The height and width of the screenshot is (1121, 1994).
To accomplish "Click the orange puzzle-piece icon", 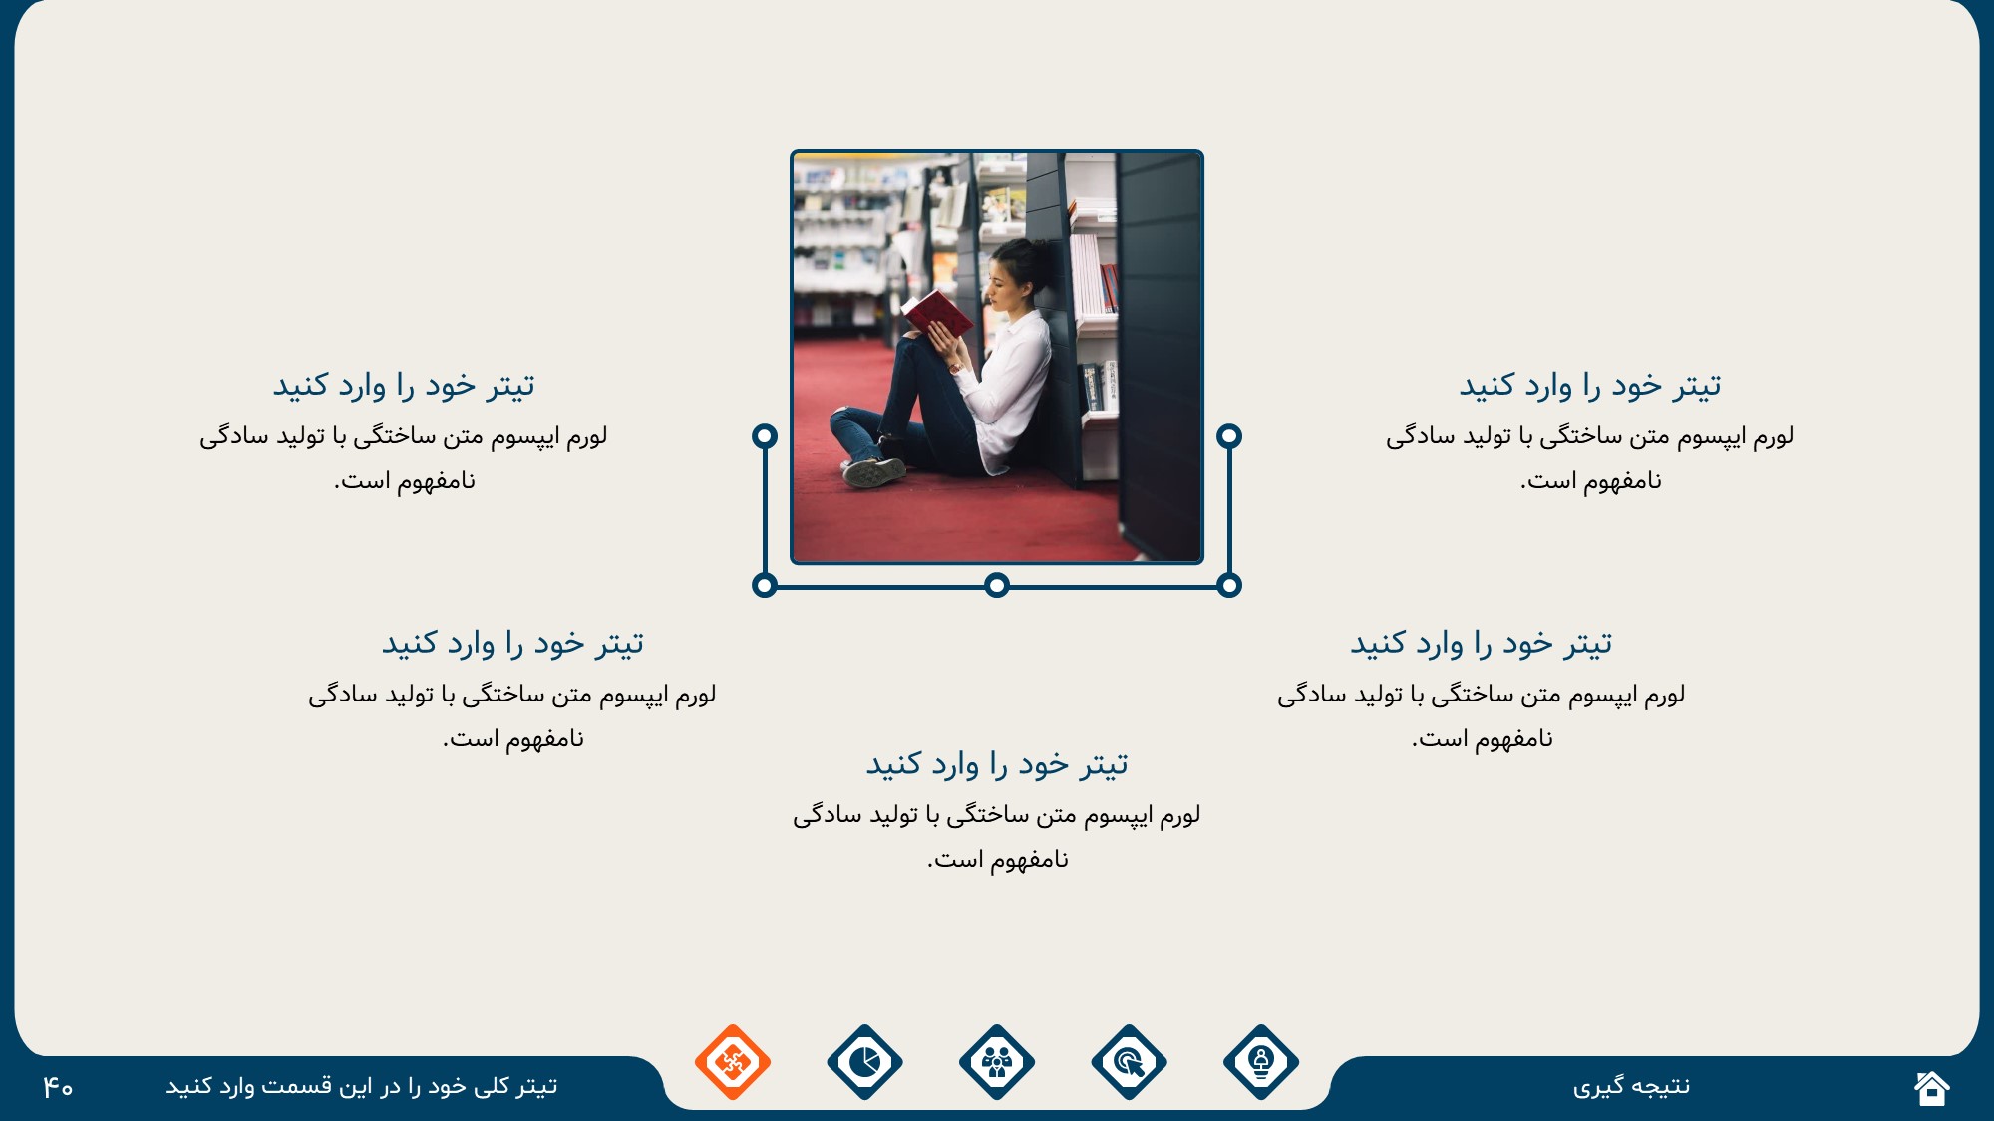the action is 733,1062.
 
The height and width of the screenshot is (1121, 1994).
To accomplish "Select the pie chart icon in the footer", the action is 864,1062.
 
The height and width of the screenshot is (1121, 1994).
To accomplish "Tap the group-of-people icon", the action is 997,1062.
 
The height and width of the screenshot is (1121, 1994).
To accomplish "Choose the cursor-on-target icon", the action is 1129,1062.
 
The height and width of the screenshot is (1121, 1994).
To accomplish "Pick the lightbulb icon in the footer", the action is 1261,1062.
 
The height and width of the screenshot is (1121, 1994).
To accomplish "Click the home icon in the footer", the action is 1932,1087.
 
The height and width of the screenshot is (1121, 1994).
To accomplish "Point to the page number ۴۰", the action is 58,1087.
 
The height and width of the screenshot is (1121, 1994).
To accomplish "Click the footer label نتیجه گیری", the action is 1631,1087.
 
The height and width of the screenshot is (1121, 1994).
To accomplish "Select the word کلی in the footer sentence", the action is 492,1086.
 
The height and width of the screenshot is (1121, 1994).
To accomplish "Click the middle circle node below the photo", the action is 997,585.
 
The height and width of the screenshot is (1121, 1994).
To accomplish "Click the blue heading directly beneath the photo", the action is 997,764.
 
